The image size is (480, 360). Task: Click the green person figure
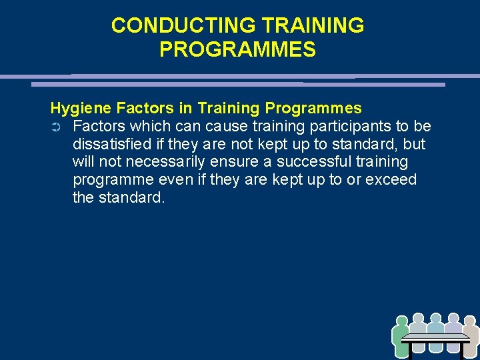click(x=401, y=336)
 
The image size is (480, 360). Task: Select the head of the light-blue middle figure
click(x=436, y=319)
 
